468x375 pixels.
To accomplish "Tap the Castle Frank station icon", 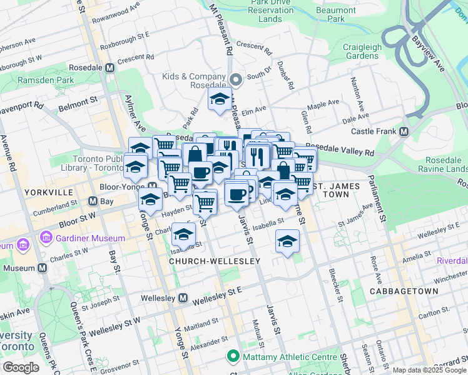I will (x=404, y=131).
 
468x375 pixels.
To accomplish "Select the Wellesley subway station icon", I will (x=183, y=298).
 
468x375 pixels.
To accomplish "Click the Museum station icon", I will (x=43, y=267).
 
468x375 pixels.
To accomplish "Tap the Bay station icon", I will (x=93, y=201).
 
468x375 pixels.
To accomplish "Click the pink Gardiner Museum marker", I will (x=45, y=238).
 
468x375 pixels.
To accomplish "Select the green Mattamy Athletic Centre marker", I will (x=233, y=357).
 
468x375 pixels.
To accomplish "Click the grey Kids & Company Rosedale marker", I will (x=236, y=80).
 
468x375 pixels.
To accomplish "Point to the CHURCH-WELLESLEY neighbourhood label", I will (x=215, y=260).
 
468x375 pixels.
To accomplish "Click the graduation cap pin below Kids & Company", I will (x=220, y=99).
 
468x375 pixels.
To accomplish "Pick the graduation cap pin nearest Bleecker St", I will (x=287, y=241).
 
